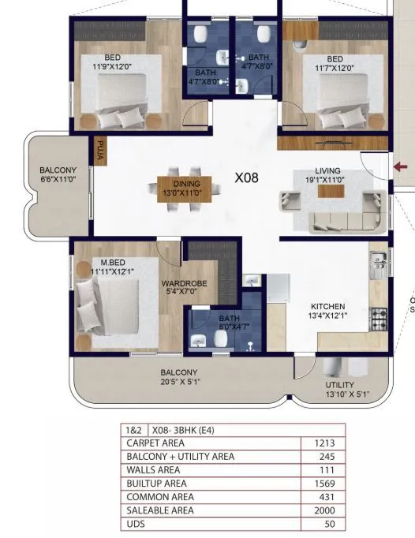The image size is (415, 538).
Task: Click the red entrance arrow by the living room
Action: tap(402, 166)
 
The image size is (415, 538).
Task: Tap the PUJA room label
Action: tap(100, 150)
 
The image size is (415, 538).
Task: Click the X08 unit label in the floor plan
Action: tap(246, 178)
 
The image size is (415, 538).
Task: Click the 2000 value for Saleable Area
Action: tap(324, 510)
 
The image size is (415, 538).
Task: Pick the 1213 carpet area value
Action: tap(324, 443)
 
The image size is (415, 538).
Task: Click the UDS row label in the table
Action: tap(136, 524)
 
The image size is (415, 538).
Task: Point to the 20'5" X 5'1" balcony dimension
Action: tap(179, 383)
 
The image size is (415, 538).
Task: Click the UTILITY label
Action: tap(346, 385)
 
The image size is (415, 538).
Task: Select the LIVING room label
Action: tap(327, 170)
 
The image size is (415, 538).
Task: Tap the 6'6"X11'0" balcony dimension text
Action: tap(58, 179)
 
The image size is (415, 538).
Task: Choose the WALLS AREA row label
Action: tap(152, 470)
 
